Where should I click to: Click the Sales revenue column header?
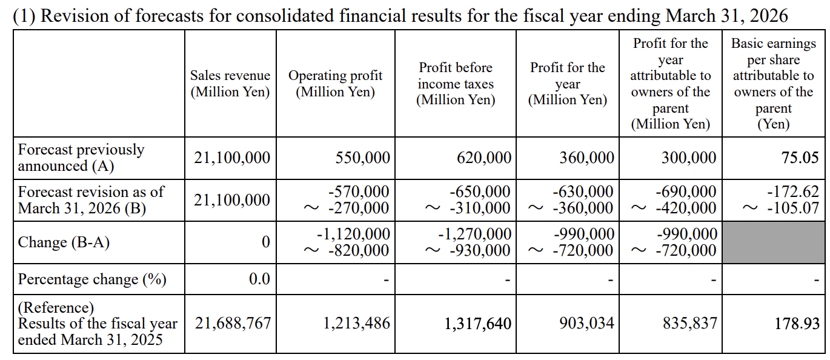coord(230,84)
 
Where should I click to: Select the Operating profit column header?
coord(335,84)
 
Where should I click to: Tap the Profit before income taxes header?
coord(456,84)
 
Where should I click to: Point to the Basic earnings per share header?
coord(773,84)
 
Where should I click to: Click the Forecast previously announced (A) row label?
coord(81,158)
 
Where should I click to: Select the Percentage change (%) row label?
coord(92,279)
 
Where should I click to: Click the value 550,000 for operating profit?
coord(362,158)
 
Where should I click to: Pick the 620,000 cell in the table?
coord(483,158)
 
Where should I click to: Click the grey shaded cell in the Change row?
coord(773,242)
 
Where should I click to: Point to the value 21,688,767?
coord(233,323)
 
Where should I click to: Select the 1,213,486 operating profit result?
coord(356,323)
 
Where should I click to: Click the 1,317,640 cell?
coord(477,323)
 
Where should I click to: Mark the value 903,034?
coord(586,323)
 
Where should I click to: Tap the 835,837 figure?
coord(689,323)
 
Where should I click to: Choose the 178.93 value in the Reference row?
coord(800,323)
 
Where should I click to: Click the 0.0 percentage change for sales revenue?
coord(259,279)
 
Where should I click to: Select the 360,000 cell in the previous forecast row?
coord(586,158)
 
